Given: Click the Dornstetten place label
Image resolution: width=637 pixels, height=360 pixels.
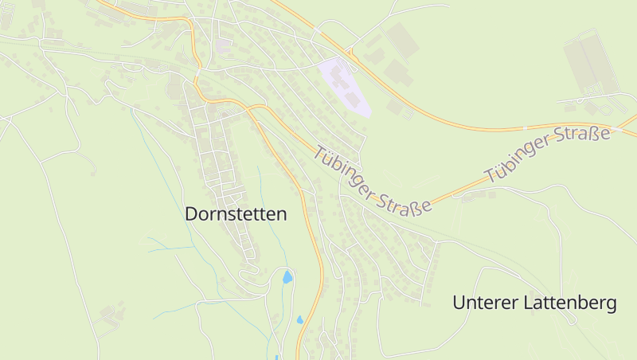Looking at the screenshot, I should tap(236, 214).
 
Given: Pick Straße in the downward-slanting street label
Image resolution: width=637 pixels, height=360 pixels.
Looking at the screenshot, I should tap(404, 200).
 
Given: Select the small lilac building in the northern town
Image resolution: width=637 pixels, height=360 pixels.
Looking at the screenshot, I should tap(222, 45).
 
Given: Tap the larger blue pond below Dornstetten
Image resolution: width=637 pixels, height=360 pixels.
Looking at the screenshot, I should tap(287, 277).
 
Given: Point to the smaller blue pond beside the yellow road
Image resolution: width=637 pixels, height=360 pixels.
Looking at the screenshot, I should tap(300, 319).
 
